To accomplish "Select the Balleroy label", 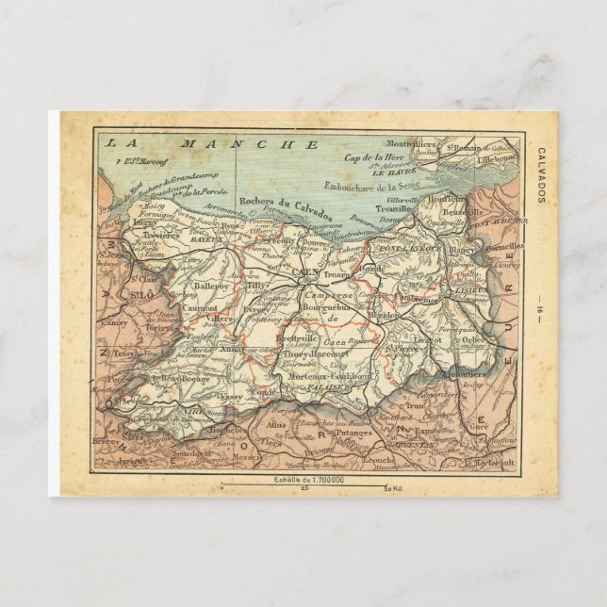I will (211, 286).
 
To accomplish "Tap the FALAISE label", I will (325, 386).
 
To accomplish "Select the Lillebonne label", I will (498, 160).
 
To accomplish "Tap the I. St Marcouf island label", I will (128, 163).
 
